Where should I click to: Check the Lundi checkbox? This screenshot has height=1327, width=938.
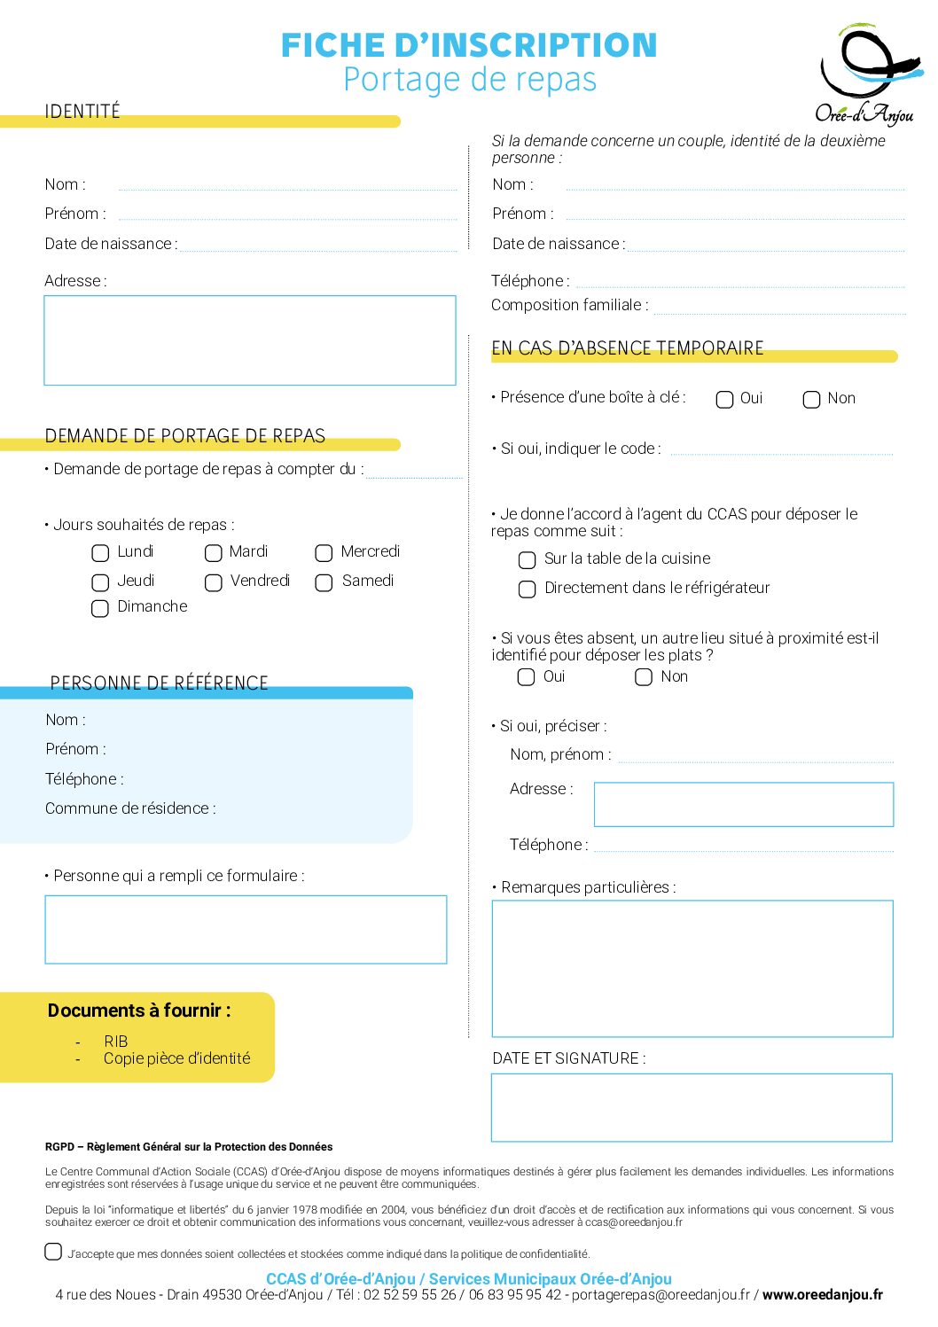[x=100, y=553]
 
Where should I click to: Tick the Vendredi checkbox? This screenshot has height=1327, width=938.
[x=214, y=582]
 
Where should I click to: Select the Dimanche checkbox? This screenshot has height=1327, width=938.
[x=100, y=608]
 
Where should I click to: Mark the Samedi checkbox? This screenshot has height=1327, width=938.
[x=324, y=582]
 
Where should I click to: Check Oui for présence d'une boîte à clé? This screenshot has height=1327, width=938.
[x=724, y=400]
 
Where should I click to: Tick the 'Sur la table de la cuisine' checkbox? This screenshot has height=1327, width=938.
[x=527, y=560]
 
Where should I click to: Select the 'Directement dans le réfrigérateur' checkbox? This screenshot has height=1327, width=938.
[x=527, y=589]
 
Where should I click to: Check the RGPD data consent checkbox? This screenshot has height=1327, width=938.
[x=53, y=1252]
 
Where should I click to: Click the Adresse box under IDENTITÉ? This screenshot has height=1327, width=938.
[x=249, y=340]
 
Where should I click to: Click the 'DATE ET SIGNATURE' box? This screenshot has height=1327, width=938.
[x=692, y=1107]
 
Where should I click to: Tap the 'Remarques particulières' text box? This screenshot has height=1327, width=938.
[x=692, y=968]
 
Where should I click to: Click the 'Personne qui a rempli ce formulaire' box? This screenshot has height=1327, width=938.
[x=246, y=929]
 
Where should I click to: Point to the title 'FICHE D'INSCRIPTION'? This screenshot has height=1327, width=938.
[x=469, y=45]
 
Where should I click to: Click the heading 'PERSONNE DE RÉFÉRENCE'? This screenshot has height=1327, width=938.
[x=160, y=683]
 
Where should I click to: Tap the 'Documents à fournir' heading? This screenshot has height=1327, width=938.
[x=139, y=1011]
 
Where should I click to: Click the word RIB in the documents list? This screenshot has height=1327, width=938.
[x=116, y=1042]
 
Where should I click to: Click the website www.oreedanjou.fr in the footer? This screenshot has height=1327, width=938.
[x=822, y=1295]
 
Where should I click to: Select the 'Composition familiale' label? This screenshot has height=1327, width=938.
[x=569, y=305]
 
